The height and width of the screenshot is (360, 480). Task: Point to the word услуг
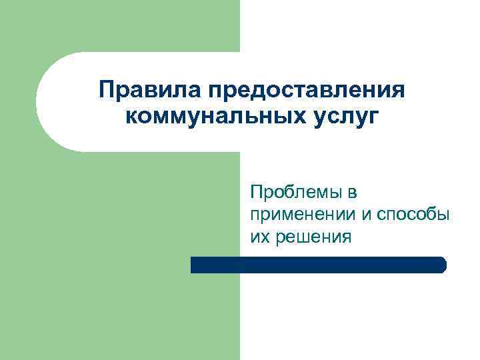(x=341, y=117)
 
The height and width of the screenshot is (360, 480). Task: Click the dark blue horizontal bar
(x=318, y=265)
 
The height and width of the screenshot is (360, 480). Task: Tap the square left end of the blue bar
(x=194, y=265)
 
